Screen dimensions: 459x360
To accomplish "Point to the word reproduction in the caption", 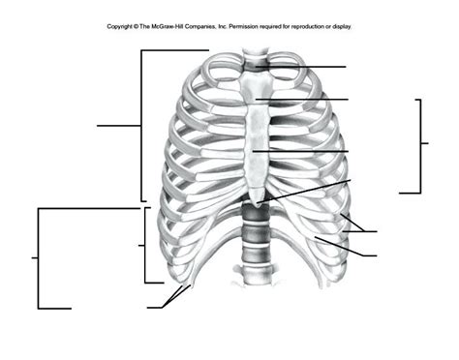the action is (x=311, y=26).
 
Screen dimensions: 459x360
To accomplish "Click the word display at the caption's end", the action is (x=351, y=26).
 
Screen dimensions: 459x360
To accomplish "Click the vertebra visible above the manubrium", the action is (x=254, y=67).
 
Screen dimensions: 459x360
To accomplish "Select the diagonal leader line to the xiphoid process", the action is (x=310, y=190).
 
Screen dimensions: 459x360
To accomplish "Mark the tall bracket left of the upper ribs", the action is (x=141, y=125).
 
